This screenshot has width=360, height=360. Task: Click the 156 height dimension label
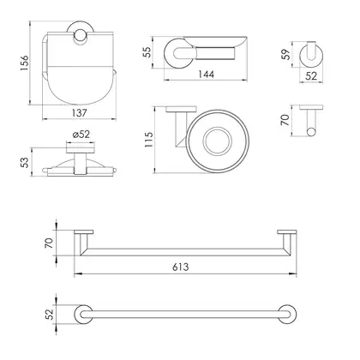(x=25, y=63)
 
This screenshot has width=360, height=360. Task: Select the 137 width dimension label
(x=79, y=113)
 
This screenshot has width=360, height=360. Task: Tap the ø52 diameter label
(x=81, y=135)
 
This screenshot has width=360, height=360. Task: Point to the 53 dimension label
(x=26, y=163)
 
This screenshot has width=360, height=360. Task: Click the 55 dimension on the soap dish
(x=147, y=52)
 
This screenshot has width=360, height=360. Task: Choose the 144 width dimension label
(x=206, y=75)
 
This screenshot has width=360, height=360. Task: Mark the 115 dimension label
(x=149, y=140)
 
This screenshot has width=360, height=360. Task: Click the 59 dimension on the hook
(x=285, y=54)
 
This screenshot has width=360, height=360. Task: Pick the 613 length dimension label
(x=181, y=267)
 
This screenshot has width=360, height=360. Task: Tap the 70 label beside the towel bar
(x=49, y=243)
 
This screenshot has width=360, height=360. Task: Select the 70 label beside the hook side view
(x=285, y=120)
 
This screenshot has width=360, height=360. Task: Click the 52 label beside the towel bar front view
(x=50, y=315)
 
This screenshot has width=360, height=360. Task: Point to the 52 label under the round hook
(x=311, y=76)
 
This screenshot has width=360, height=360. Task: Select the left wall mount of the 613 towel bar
(x=84, y=232)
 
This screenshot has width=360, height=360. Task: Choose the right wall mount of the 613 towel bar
(x=286, y=232)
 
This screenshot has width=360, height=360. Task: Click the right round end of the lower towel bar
(x=287, y=315)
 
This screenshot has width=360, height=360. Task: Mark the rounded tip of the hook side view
(x=311, y=132)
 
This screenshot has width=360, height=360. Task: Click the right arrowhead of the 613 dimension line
(x=293, y=274)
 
